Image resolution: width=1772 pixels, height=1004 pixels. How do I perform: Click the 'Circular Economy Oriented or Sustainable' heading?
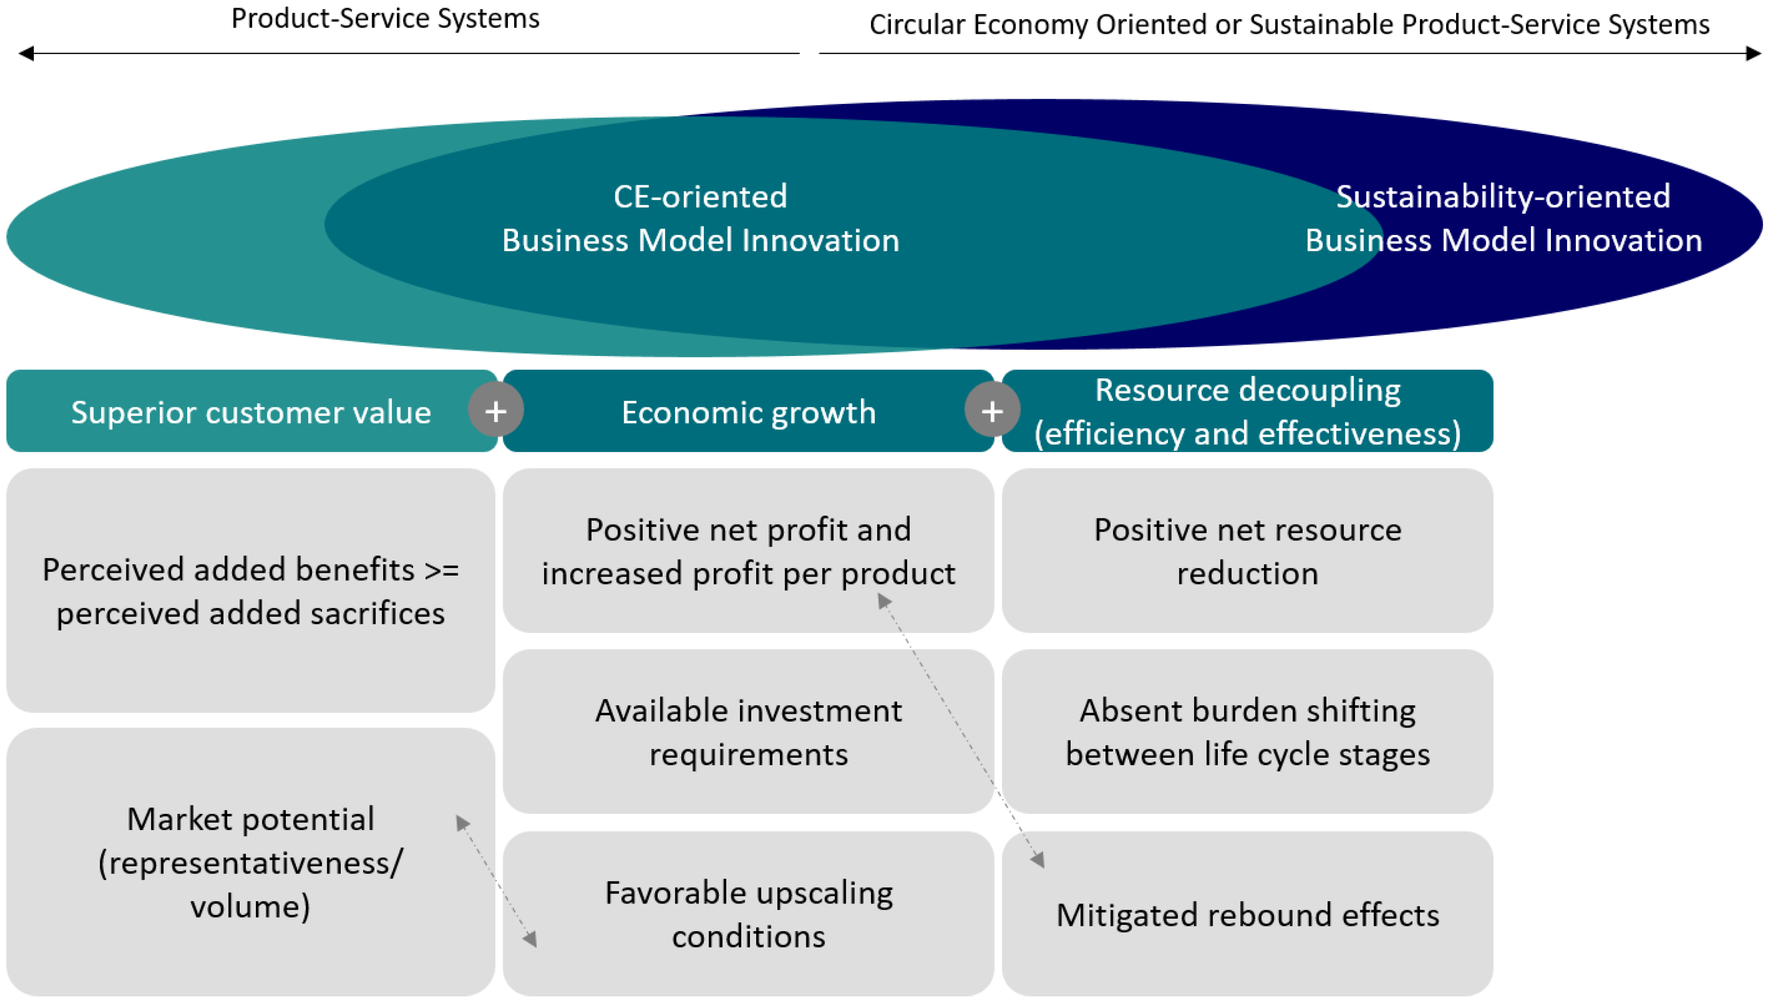pos(1289,25)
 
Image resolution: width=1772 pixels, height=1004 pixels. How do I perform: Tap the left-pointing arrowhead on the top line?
pos(26,53)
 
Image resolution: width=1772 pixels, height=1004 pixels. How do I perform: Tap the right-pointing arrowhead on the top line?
pos(1753,53)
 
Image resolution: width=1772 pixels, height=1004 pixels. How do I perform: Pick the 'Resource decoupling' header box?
pos(1248,412)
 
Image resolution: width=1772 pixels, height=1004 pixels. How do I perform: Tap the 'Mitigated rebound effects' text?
pos(1248,915)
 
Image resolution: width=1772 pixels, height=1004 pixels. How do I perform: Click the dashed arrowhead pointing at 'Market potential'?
pos(462,822)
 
